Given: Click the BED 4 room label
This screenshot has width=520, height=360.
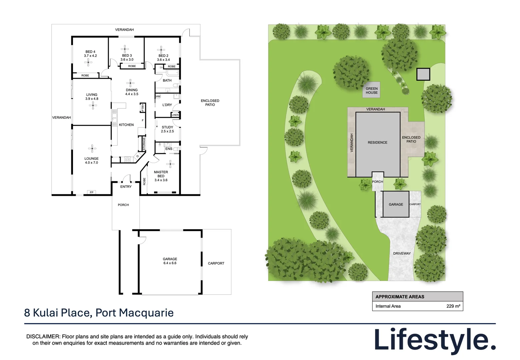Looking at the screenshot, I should coord(90,54).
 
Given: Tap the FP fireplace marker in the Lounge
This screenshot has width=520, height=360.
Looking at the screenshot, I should coord(91,192).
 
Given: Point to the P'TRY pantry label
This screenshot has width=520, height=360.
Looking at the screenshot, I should coord(142,108).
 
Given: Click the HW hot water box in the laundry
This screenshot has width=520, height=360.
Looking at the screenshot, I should coord(158,97).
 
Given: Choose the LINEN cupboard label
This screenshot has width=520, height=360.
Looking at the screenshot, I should coord(175,115).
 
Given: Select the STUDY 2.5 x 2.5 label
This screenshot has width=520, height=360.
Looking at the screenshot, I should coord(167,129).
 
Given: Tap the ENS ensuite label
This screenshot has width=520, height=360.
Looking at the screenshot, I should coord(169,149).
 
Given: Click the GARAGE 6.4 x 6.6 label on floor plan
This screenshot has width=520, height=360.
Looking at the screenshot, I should coord(170,261).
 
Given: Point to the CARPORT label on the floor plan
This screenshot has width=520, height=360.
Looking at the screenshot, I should coord(216,263).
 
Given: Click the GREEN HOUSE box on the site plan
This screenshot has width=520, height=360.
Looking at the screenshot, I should coord(371,91).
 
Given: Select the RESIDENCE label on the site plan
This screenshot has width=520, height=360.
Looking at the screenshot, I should coord(377,142).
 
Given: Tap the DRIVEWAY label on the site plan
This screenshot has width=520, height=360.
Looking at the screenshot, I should coord(402,253).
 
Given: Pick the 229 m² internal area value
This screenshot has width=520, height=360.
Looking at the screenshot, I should coord(453,306).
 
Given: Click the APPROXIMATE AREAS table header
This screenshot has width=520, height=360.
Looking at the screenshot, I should coord(400,297).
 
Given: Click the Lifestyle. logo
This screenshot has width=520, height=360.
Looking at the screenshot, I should coord(435,340).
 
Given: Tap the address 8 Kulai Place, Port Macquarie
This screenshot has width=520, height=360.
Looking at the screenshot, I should coord(99,313).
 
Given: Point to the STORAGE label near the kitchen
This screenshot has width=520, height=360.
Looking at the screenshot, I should coord(144,144).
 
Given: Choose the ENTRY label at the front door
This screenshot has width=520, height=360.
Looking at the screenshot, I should coord(126,187).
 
